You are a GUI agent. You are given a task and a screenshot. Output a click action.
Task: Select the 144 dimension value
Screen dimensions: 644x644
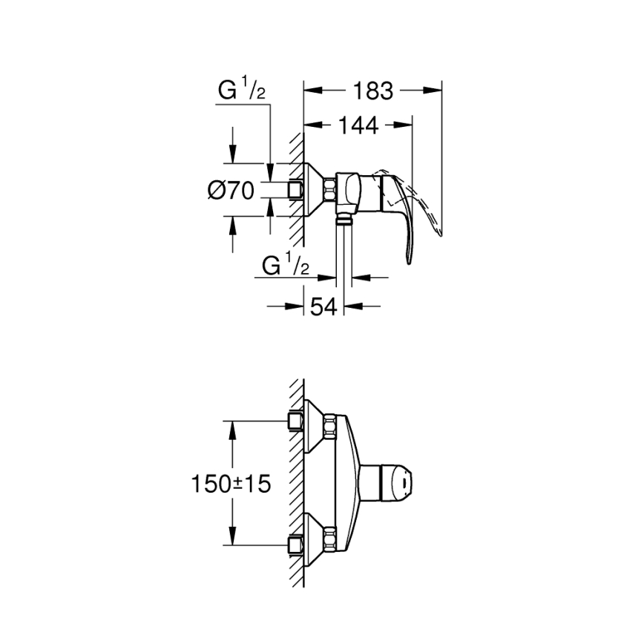pos(359,125)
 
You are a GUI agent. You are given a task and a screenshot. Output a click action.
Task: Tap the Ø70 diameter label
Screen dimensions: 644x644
pos(231,191)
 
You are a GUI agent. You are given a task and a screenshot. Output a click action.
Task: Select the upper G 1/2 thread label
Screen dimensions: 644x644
pos(241,91)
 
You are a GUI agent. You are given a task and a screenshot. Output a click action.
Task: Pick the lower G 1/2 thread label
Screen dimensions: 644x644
pos(286,265)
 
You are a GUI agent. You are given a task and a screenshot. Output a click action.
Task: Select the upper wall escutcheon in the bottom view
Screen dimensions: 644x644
pos(319,426)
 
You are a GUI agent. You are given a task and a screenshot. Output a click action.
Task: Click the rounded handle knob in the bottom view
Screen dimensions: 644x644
pos(397,483)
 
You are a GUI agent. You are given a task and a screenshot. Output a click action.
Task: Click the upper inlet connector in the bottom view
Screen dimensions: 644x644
pos(296,423)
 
